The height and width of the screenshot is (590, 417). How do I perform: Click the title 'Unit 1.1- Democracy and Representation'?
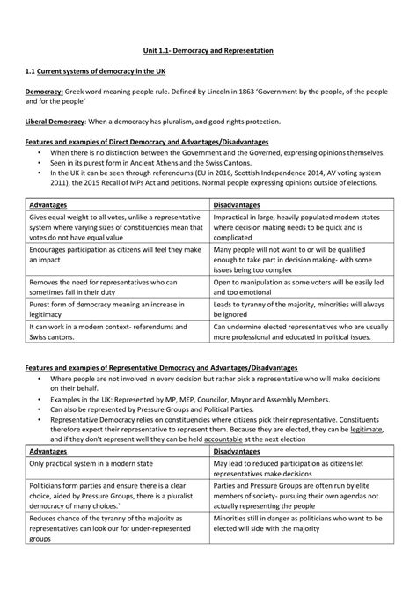pyautogui.click(x=208, y=52)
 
